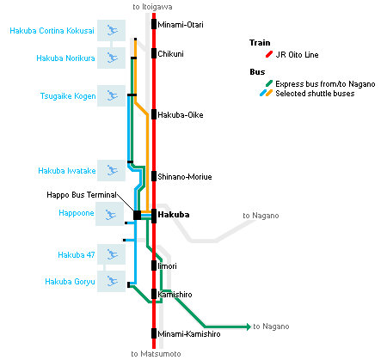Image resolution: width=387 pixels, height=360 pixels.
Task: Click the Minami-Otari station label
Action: [181, 25]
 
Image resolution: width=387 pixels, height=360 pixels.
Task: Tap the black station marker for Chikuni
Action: [154, 53]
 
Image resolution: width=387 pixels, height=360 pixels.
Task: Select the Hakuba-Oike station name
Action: [181, 115]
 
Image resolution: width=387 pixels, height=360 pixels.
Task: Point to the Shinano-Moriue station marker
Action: [154, 176]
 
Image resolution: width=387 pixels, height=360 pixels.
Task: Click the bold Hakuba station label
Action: [174, 215]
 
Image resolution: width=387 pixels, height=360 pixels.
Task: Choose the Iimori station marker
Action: [154, 265]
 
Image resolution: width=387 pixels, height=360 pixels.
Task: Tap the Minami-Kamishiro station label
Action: [189, 334]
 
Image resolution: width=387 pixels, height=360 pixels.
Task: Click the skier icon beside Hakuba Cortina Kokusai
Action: [111, 30]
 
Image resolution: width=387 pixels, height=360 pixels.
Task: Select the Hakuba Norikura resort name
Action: [65, 58]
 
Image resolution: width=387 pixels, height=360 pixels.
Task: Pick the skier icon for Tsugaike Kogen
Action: [111, 95]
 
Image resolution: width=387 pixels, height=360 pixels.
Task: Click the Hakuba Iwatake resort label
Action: [67, 171]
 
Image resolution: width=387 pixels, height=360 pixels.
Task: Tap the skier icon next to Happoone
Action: [109, 214]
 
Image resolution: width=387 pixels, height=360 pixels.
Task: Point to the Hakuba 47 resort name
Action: [77, 255]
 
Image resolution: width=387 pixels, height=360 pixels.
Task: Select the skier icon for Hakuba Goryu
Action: [111, 281]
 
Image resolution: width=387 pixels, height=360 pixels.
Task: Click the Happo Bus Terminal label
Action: [82, 195]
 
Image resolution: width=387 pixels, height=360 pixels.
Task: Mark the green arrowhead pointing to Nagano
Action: [249, 326]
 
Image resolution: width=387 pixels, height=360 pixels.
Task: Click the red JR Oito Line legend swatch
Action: [269, 54]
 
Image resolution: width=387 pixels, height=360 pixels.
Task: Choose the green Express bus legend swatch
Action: [269, 83]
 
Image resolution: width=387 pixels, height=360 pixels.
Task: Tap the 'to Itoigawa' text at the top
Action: [152, 7]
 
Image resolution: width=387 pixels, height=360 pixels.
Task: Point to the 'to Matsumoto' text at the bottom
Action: [156, 354]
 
